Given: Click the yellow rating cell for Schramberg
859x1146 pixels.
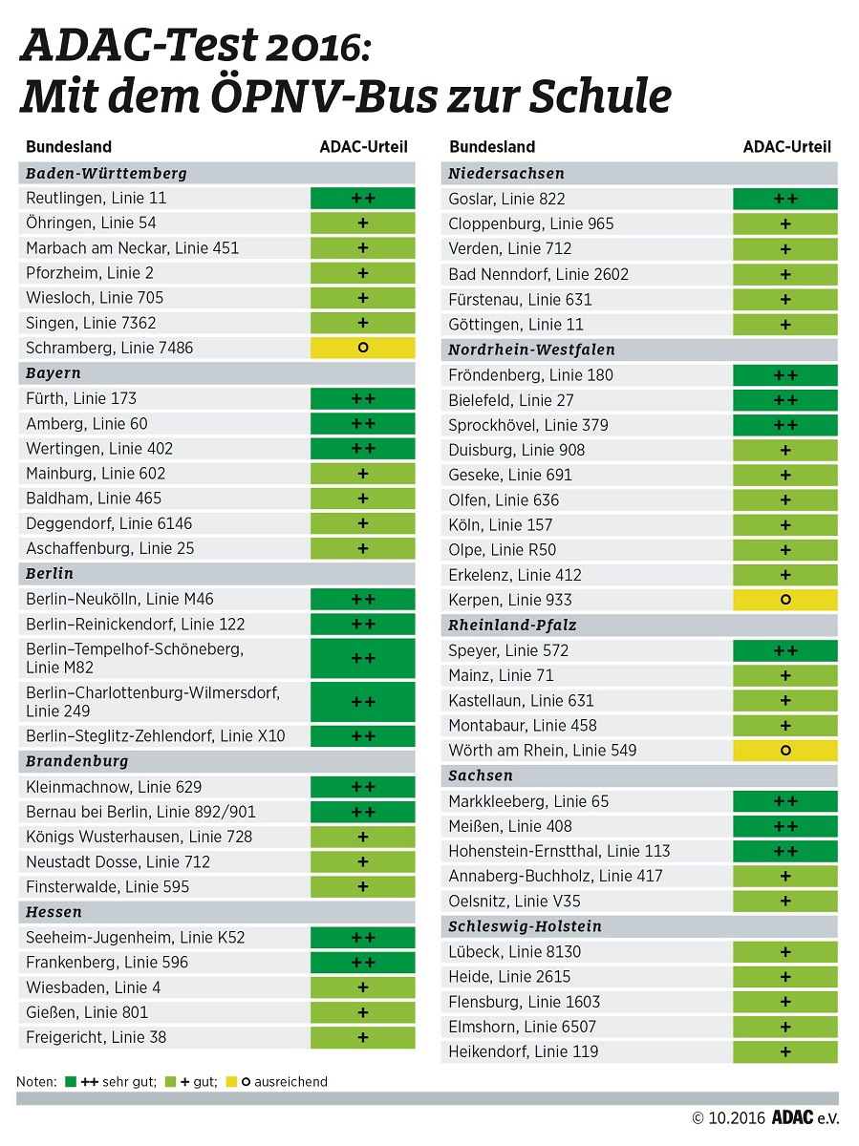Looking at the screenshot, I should click(x=362, y=348).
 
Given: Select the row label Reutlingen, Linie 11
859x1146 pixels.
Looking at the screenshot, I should click(x=96, y=198).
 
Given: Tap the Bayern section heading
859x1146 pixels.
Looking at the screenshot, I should click(x=54, y=372).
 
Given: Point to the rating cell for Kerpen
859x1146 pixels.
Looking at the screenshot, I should click(x=785, y=600).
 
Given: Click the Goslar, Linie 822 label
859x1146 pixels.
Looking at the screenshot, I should click(x=506, y=199).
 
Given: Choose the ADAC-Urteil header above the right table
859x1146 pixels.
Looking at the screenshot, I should click(x=786, y=146).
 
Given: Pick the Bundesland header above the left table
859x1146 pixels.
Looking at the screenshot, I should click(x=69, y=146).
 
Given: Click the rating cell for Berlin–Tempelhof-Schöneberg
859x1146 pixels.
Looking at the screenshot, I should click(x=362, y=658).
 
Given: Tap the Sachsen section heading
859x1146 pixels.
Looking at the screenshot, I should click(x=481, y=775).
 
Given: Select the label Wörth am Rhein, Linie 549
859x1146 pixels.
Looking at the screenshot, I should click(x=542, y=750).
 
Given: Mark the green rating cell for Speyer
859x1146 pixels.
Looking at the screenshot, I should click(x=785, y=650).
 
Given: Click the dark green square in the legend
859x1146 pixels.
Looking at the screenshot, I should click(x=71, y=1082).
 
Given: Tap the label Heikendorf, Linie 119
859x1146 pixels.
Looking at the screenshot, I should click(x=523, y=1051).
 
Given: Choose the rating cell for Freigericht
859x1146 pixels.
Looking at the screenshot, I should click(x=362, y=1037).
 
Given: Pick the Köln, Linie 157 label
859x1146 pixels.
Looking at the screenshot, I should click(x=500, y=524).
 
